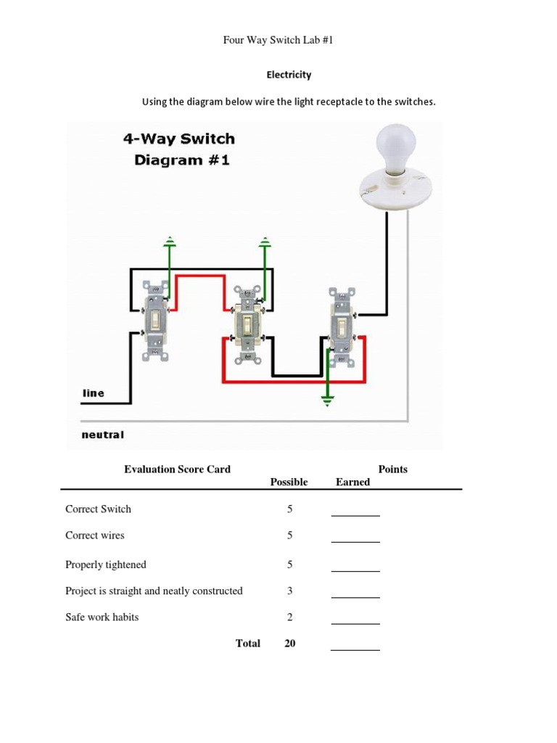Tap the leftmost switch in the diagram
click(155, 320)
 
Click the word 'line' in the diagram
click(94, 393)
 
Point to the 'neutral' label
click(102, 435)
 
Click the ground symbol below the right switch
click(328, 400)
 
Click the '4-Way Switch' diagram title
click(178, 139)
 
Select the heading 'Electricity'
click(289, 75)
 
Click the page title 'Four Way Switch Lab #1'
click(278, 41)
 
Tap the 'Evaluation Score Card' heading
click(178, 469)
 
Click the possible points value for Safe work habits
click(289, 617)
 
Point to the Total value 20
click(289, 644)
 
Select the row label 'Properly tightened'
click(106, 565)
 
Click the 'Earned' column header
click(352, 483)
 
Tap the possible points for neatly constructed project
click(289, 591)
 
